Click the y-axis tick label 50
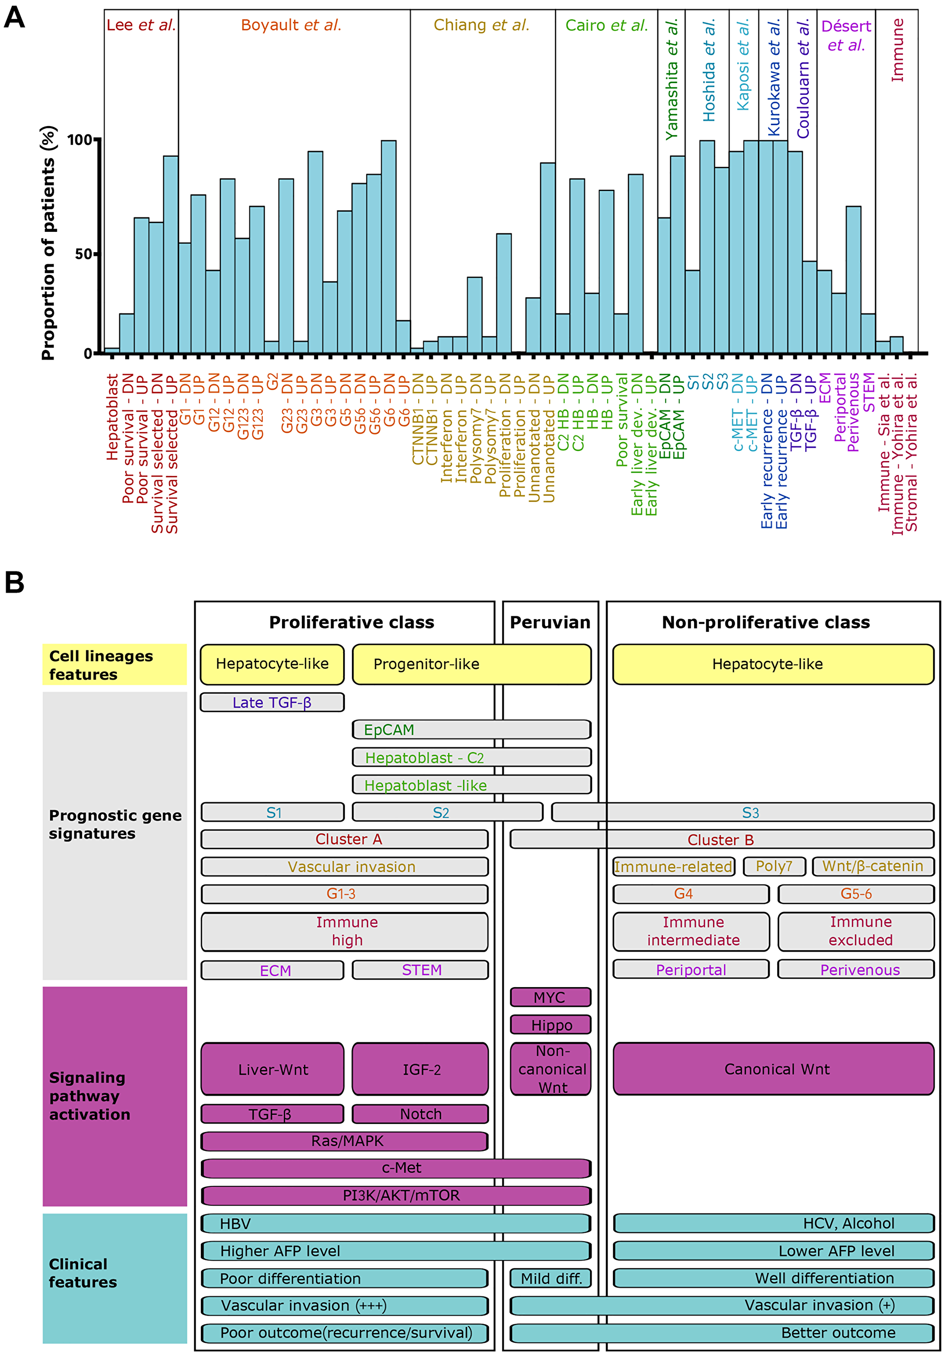[x=83, y=254]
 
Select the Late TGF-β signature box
[x=272, y=702]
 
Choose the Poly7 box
[x=774, y=866]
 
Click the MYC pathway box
[x=550, y=997]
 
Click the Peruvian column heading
[x=550, y=622]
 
